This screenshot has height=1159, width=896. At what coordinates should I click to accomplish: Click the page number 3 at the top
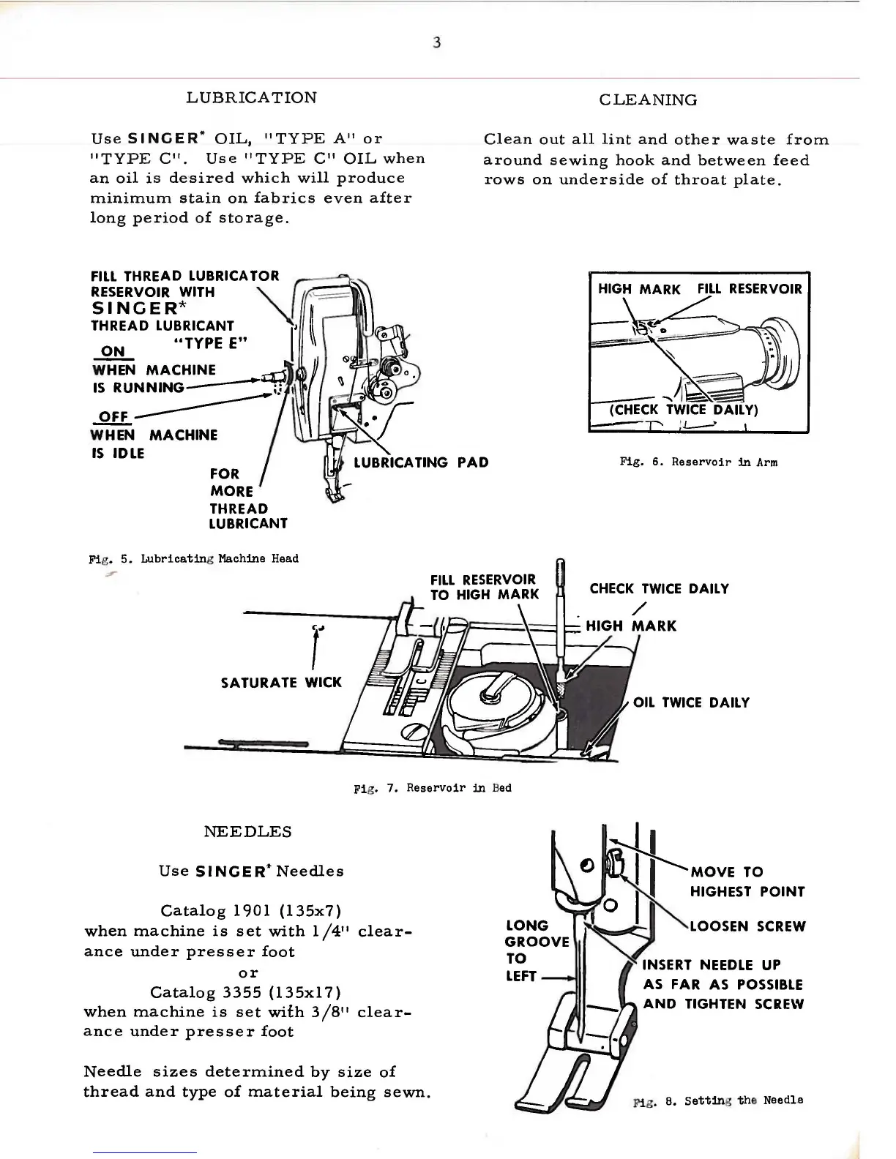click(x=437, y=43)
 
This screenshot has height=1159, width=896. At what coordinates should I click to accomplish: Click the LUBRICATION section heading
click(x=252, y=97)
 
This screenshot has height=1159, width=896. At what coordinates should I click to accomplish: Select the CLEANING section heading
click(x=648, y=100)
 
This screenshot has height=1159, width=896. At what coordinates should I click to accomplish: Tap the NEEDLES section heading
click(x=247, y=832)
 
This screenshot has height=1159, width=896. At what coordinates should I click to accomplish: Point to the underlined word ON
click(x=113, y=351)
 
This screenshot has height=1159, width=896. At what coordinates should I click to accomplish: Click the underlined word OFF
click(x=113, y=417)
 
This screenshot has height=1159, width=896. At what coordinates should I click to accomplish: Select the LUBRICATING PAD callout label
click(x=421, y=462)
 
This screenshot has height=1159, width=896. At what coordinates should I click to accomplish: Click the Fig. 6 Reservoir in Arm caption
click(x=698, y=462)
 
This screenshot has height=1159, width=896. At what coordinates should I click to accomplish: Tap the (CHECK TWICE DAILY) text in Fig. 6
click(x=684, y=409)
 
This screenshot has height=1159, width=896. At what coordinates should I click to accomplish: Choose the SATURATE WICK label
click(x=281, y=683)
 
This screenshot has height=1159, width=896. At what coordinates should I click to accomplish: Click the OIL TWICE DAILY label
click(x=691, y=702)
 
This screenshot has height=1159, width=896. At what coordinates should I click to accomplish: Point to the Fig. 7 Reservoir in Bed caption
click(x=433, y=788)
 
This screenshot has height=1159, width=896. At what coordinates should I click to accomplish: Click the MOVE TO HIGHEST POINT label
click(x=747, y=882)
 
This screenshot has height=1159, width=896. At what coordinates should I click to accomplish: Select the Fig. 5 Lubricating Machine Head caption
click(x=194, y=559)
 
